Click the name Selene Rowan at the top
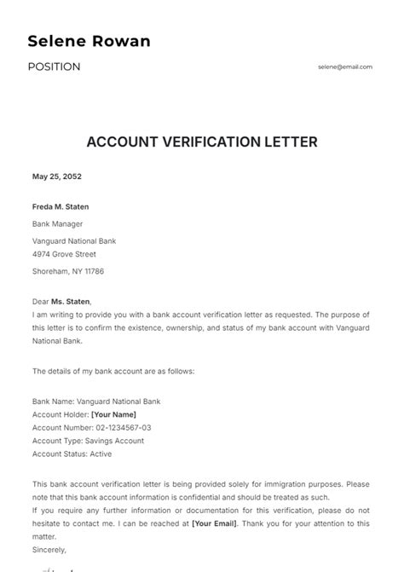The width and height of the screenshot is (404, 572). pos(89,41)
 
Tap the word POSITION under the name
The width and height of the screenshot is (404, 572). pos(54,66)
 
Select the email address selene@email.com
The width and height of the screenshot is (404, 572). pos(345,66)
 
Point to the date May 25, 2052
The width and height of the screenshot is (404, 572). pos(57,176)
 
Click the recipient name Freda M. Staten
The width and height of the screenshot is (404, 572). pos(61,206)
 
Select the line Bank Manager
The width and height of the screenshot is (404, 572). pos(57,224)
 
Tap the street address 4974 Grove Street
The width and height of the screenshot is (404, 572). pos(64,254)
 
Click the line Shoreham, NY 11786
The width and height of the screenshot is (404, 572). pos(68,271)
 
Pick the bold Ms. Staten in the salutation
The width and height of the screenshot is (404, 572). pos(70,301)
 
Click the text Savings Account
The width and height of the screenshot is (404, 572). pos(115,441)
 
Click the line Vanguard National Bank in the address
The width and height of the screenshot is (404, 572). pos(74,240)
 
